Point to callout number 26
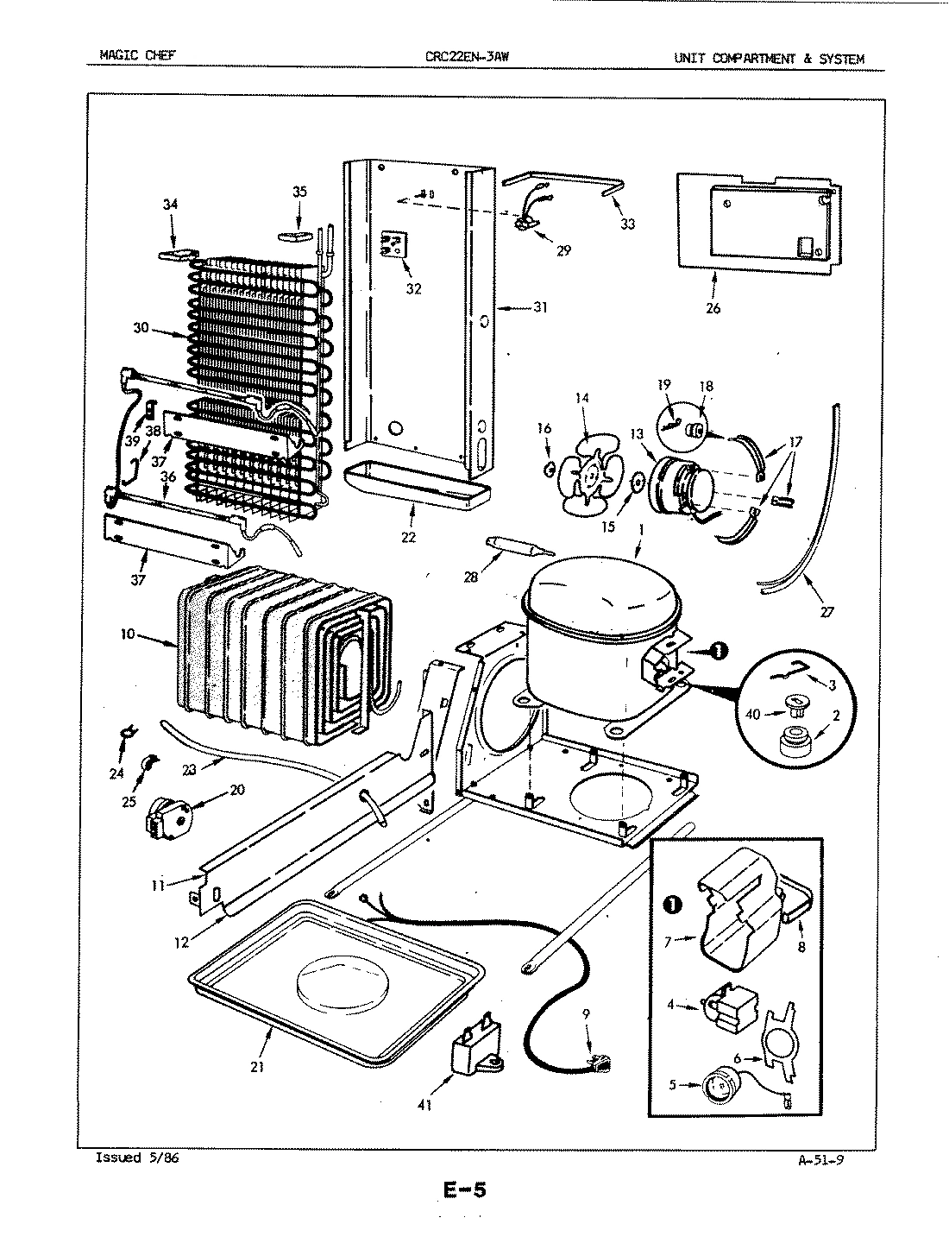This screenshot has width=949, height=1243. [713, 308]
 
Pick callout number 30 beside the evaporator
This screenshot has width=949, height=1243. [141, 328]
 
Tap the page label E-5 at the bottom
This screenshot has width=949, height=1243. [465, 1191]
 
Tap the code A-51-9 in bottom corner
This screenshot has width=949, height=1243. [820, 1158]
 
